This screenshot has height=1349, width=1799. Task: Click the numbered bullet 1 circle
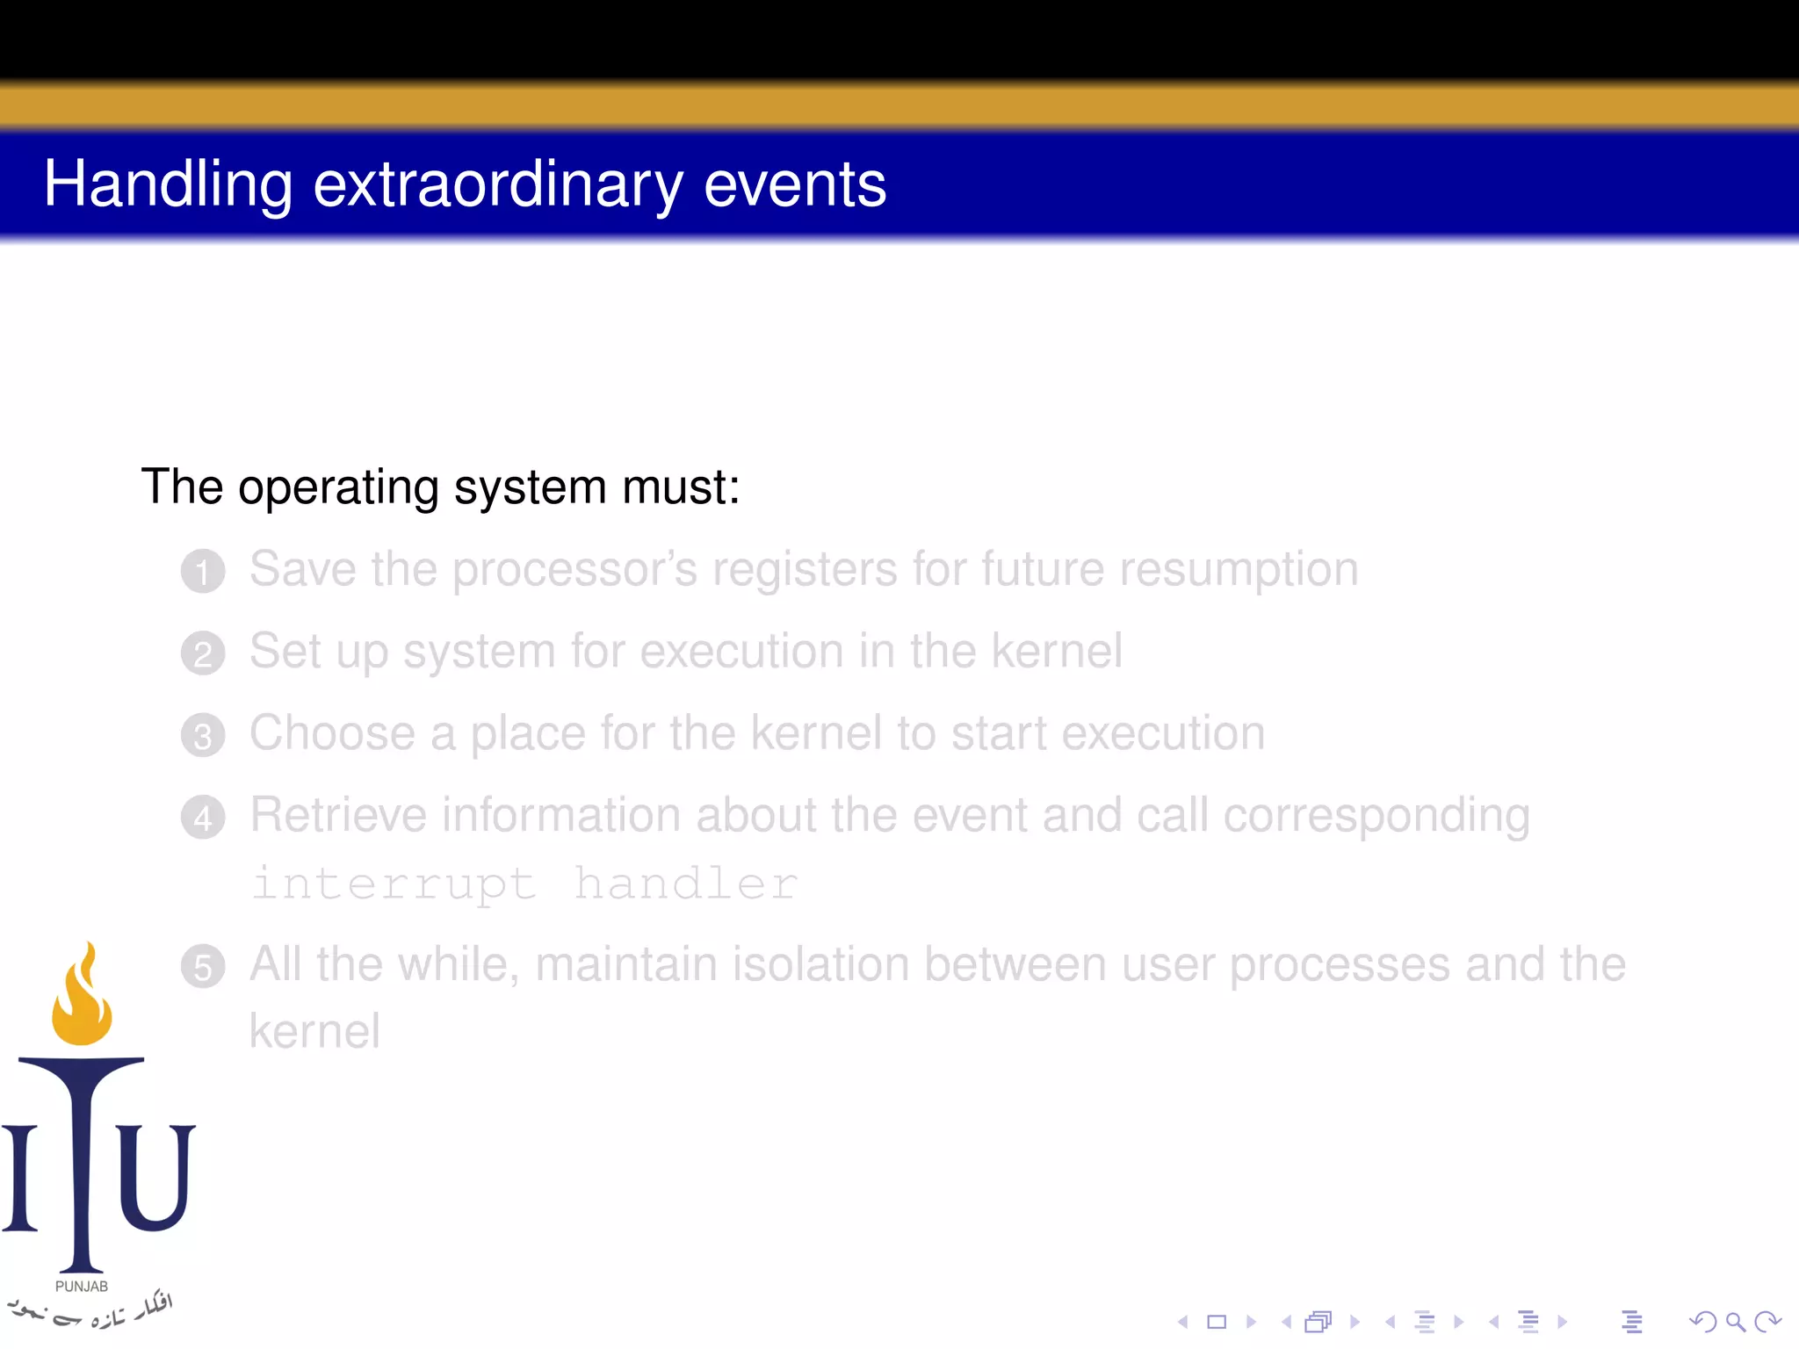[x=203, y=572]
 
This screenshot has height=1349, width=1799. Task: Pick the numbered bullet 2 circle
[x=203, y=653]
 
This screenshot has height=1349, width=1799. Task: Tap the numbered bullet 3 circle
[x=203, y=736]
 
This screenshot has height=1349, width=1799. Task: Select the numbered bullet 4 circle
[x=203, y=818]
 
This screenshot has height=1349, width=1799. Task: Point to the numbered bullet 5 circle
[x=203, y=967]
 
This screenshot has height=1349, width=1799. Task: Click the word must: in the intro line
[x=681, y=487]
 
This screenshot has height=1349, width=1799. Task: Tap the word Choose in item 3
[x=332, y=732]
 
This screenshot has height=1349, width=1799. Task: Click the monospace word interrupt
[x=394, y=883]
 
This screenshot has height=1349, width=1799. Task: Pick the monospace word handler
[x=686, y=883]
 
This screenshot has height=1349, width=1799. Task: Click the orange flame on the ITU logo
[x=83, y=997]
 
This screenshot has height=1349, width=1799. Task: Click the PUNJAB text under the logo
[x=82, y=1286]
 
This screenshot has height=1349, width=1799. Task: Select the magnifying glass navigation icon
[x=1735, y=1321]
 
